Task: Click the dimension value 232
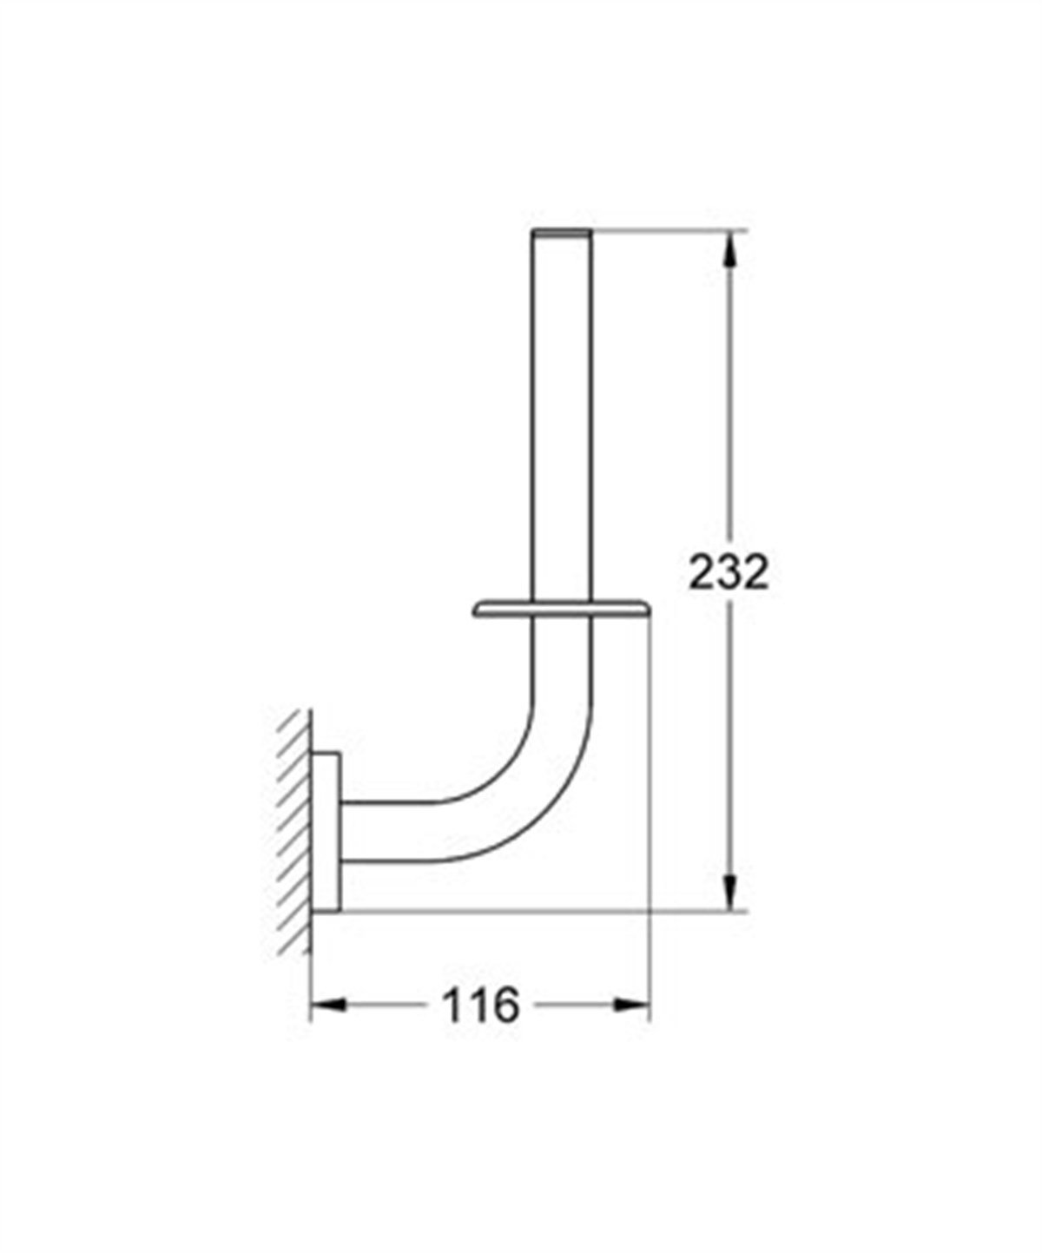(729, 572)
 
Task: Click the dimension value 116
(480, 1006)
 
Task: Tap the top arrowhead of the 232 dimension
(734, 247)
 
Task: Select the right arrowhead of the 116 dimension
(633, 1005)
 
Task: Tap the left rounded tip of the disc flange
(477, 611)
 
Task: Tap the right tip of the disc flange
(647, 611)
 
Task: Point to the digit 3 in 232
(729, 572)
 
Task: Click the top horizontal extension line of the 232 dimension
(669, 229)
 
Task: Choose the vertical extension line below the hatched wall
(311, 981)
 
